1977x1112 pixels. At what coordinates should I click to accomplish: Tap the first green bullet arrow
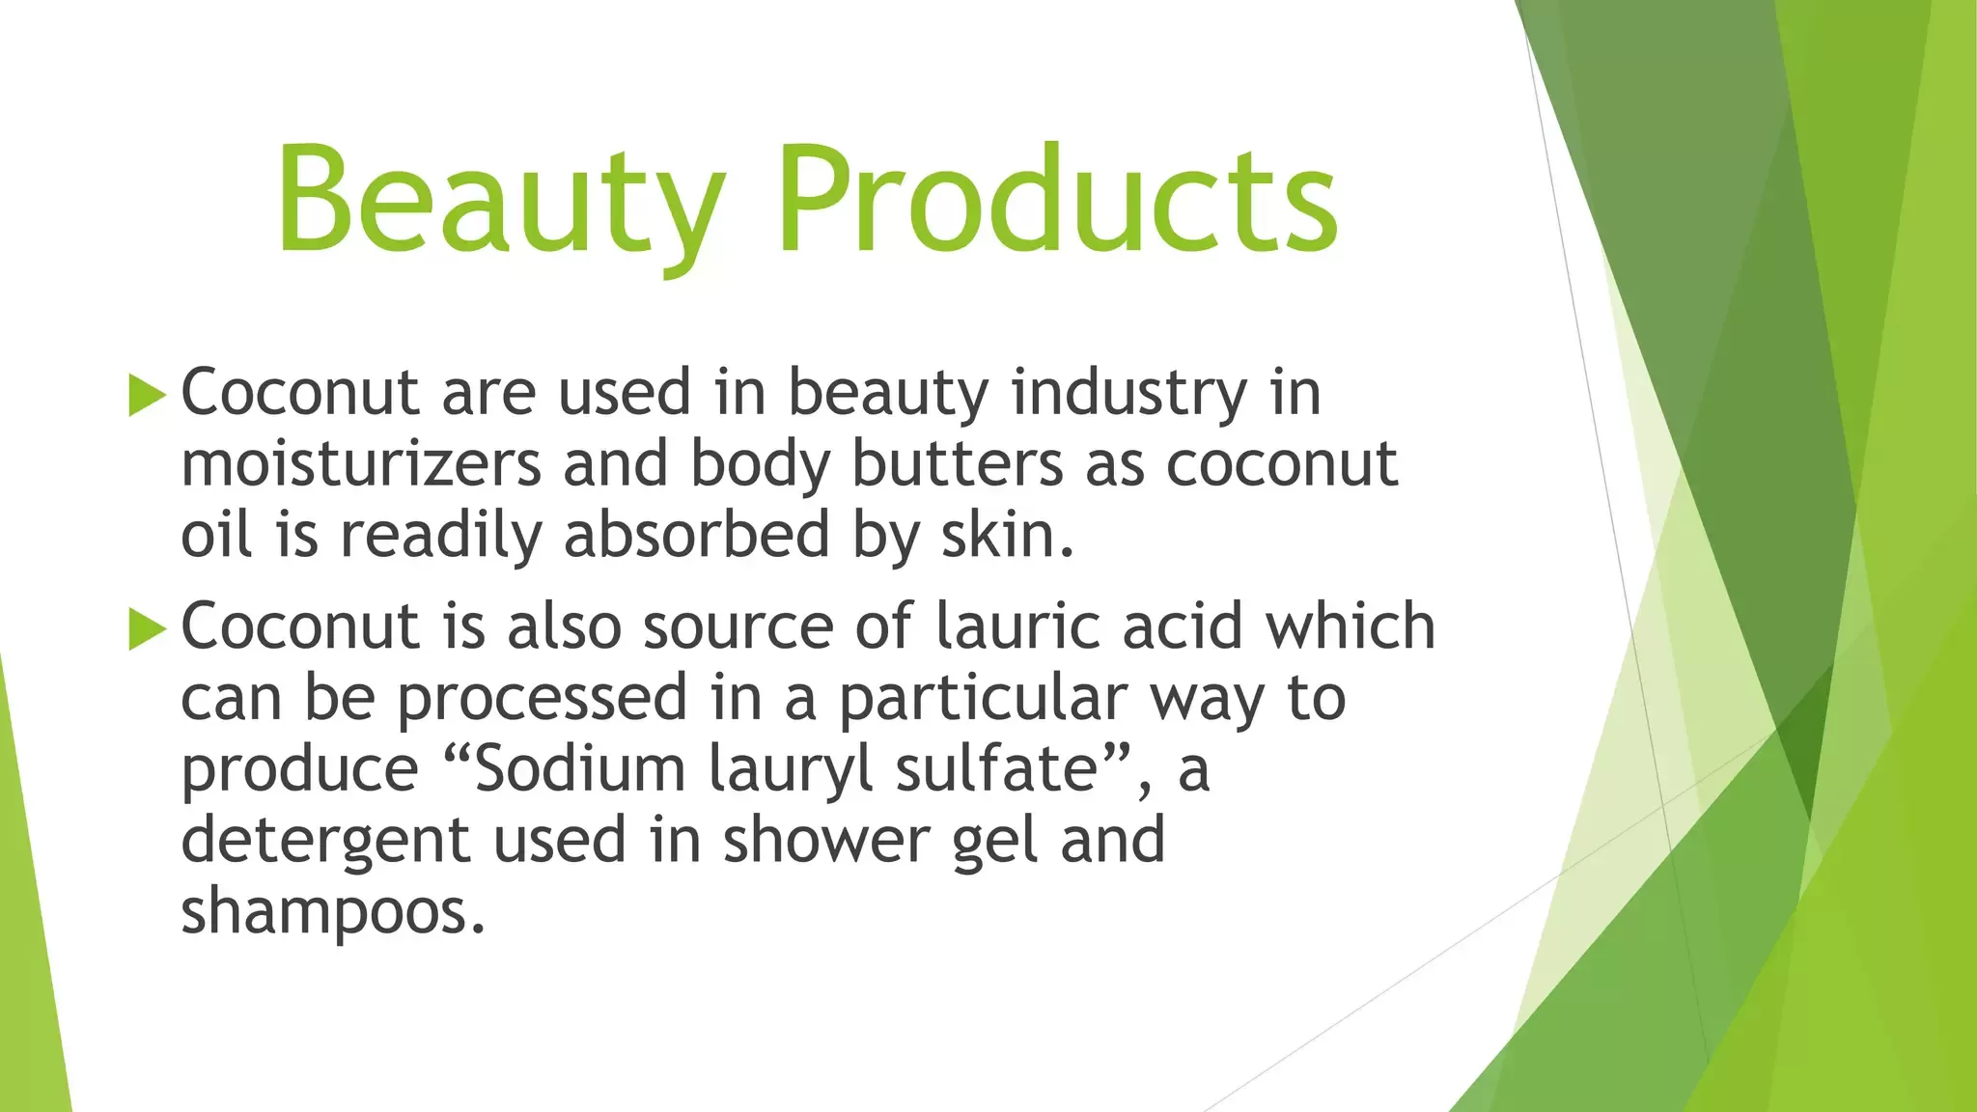coord(147,396)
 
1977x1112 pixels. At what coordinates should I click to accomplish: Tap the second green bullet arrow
coord(147,629)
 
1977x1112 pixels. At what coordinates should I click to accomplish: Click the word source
coord(738,628)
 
